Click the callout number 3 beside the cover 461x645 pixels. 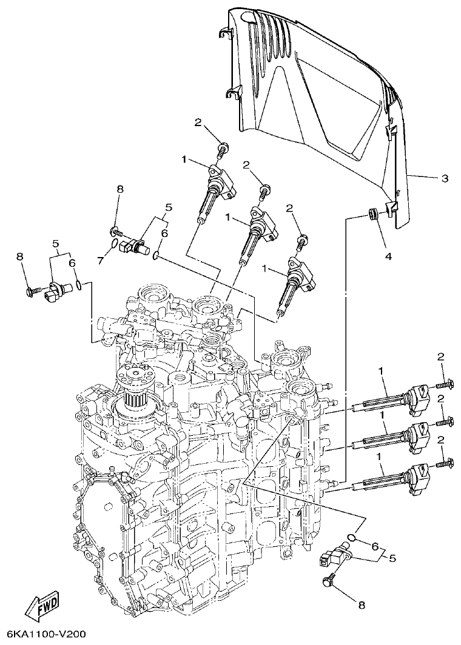[x=444, y=178]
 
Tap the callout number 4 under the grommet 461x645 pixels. [x=388, y=256]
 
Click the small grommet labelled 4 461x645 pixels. [x=374, y=213]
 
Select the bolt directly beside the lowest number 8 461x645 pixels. [x=330, y=580]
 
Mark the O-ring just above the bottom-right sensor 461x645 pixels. [x=351, y=536]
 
